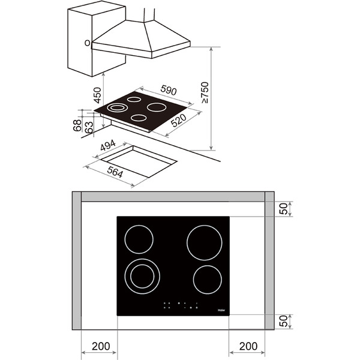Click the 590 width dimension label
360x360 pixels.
coord(168,91)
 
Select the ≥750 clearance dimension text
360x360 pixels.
coord(205,94)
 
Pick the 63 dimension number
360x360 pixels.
coord(89,127)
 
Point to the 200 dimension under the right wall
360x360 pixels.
coord(248,346)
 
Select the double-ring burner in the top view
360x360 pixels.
coord(142,277)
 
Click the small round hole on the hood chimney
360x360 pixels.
coord(88,43)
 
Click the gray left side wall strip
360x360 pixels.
coord(76,264)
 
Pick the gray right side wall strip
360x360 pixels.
coord(269,264)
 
